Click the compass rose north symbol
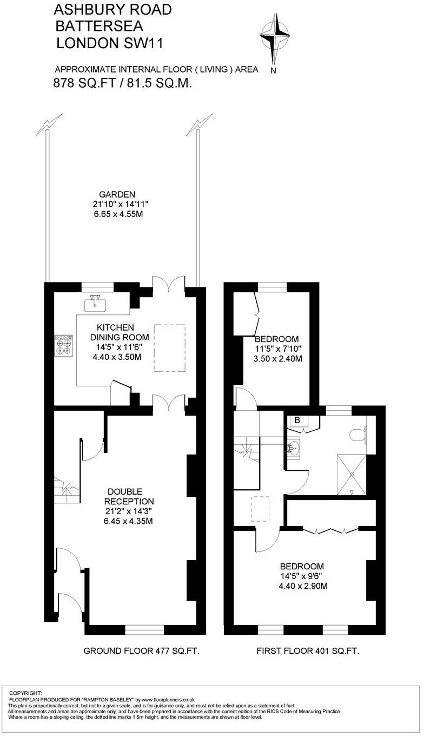pos(275,38)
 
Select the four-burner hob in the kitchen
pos(64,345)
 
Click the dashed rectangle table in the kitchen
pos(170,348)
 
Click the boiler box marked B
pos(297,420)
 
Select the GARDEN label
pos(117,195)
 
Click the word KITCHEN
pos(115,327)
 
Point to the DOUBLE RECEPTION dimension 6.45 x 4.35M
pos(131,521)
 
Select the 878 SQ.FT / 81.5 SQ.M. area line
pos(123,83)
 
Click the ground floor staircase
pos(67,490)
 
